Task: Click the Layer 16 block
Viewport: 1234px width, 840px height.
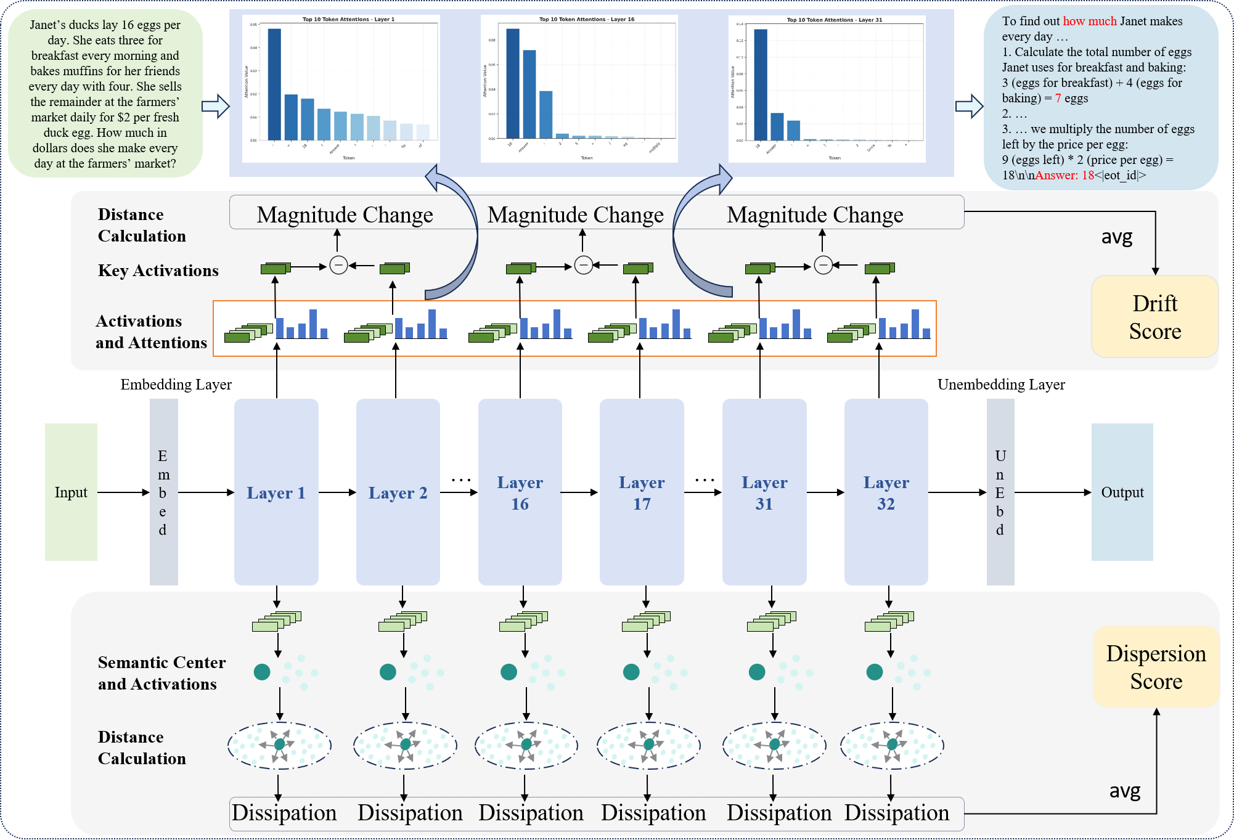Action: (520, 492)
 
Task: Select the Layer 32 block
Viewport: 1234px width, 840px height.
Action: (886, 492)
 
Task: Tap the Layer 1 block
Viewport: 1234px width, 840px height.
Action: (276, 492)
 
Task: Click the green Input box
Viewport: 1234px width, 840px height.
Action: (71, 492)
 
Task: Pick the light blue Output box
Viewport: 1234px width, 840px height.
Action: (1122, 492)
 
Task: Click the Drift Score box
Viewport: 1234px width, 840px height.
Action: (1154, 317)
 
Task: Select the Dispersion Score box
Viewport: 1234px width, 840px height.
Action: (1156, 667)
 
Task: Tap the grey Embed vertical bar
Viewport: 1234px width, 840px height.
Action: (163, 492)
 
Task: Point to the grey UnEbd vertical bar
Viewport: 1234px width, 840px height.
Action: (1000, 492)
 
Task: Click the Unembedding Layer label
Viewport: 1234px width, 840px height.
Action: (1001, 385)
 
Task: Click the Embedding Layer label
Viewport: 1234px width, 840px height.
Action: (176, 385)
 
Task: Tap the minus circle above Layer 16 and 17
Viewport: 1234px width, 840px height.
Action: (583, 265)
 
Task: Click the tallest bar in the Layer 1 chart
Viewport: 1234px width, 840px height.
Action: (274, 84)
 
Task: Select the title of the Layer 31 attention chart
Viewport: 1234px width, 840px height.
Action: (834, 20)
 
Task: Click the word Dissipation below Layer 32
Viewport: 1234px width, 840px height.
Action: (896, 813)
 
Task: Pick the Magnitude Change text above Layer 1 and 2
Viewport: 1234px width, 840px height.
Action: (345, 215)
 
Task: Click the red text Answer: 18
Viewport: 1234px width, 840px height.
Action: (1064, 175)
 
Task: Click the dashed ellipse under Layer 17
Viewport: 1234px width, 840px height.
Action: (648, 745)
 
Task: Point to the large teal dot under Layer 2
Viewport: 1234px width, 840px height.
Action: (388, 672)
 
